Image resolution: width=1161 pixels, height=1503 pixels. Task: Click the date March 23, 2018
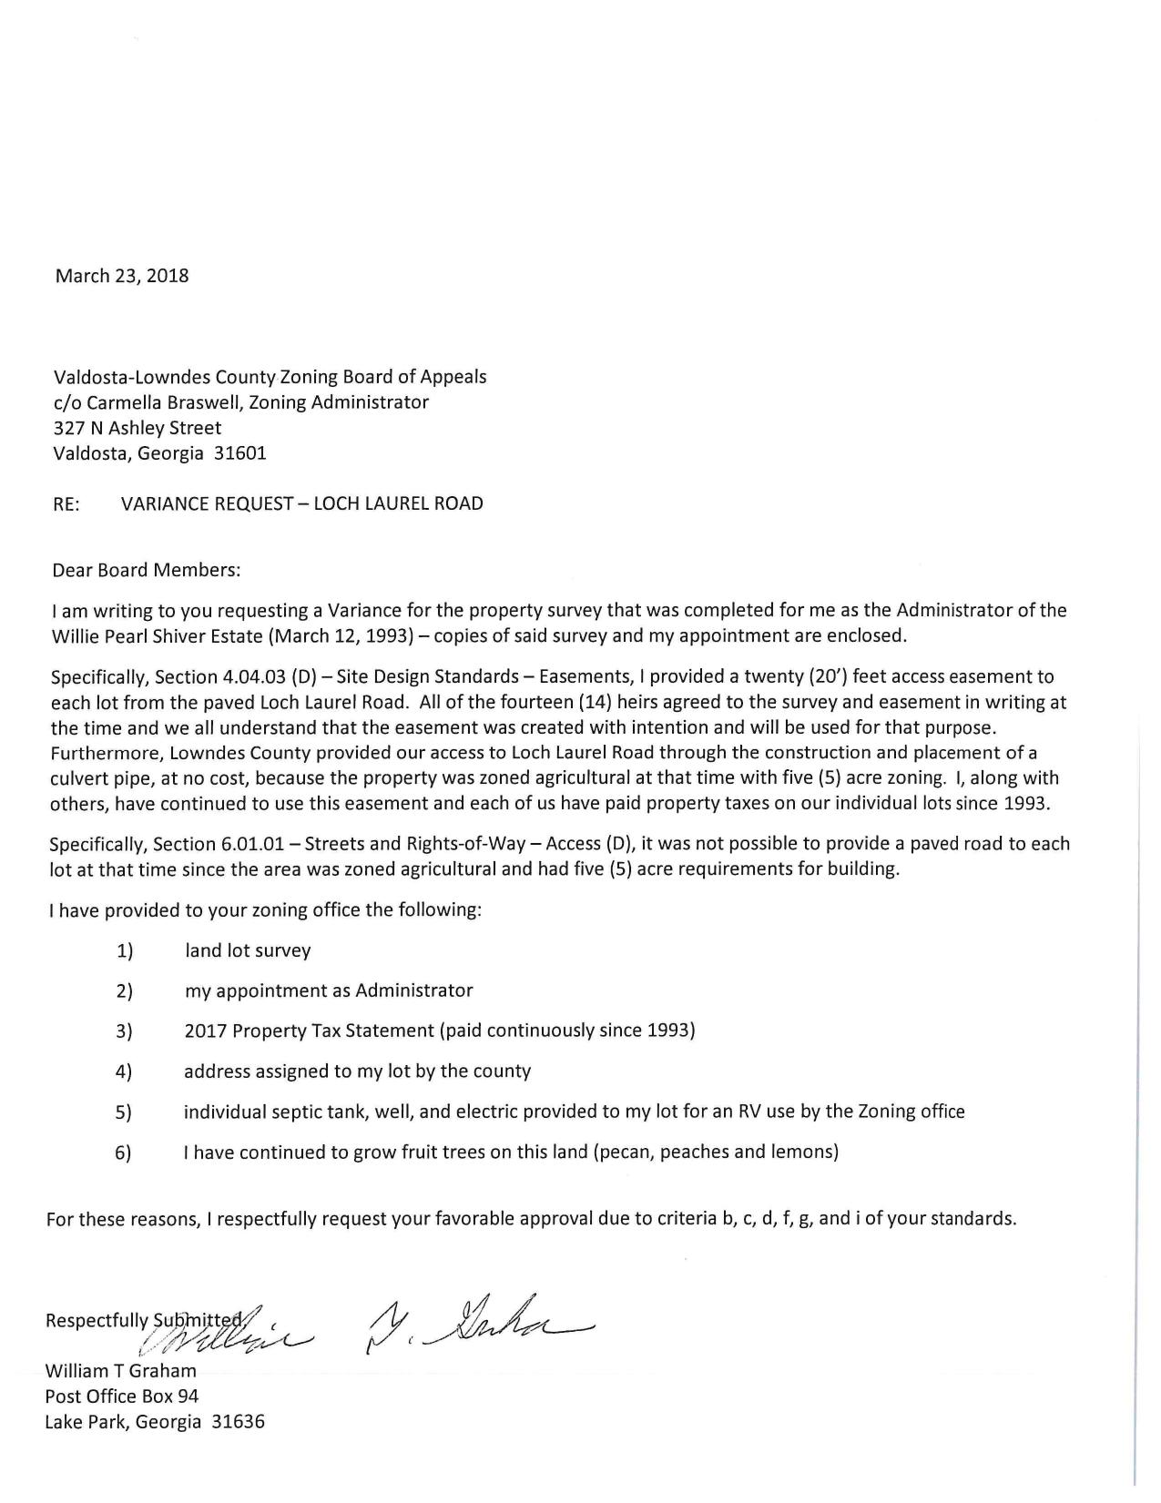(122, 276)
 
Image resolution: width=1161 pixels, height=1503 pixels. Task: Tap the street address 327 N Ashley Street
(137, 428)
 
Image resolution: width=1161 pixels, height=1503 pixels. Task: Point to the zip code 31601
(239, 453)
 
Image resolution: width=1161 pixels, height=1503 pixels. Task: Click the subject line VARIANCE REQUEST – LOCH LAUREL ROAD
(301, 503)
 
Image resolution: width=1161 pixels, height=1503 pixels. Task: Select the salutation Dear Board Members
(147, 571)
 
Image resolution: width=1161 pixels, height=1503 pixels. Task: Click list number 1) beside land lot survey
(125, 951)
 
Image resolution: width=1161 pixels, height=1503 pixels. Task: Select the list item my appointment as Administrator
(328, 990)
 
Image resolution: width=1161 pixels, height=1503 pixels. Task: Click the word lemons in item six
(801, 1152)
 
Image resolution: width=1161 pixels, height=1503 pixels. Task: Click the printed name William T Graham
(120, 1370)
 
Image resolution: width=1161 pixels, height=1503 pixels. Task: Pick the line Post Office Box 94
(121, 1396)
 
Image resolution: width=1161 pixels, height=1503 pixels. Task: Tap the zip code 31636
(238, 1421)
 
